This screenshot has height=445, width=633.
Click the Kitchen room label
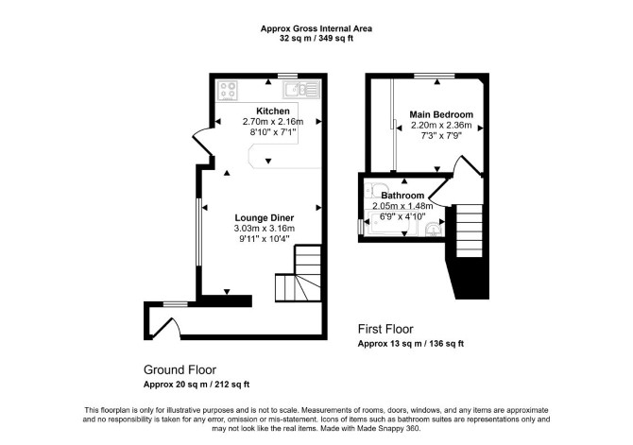pos(273,111)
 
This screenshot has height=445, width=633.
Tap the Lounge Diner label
pos(265,218)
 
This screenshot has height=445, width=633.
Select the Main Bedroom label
pos(441,114)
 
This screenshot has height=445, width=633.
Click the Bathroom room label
pos(402,196)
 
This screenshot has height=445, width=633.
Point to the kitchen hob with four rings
pos(228,91)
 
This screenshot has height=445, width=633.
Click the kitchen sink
pos(301,90)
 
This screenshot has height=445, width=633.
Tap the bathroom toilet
pos(375,190)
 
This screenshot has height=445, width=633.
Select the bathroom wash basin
pos(434,229)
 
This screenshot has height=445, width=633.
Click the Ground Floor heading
pos(180,369)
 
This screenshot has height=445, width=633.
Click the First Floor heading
pos(385,329)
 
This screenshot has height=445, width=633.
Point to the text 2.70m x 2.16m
pos(273,122)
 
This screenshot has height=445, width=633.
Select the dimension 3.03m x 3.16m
pos(265,229)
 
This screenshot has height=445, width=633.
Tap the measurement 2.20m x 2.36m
pos(441,125)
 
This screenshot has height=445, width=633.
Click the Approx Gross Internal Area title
pos(316,28)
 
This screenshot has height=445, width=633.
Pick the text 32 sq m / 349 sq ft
pos(316,39)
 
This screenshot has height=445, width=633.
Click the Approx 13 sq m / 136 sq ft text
pos(411,344)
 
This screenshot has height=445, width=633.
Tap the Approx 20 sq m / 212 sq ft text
pos(197,385)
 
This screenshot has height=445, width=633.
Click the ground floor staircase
pos(299,273)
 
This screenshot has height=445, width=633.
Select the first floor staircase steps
pos(470,231)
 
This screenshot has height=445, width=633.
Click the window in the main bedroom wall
pos(435,76)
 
